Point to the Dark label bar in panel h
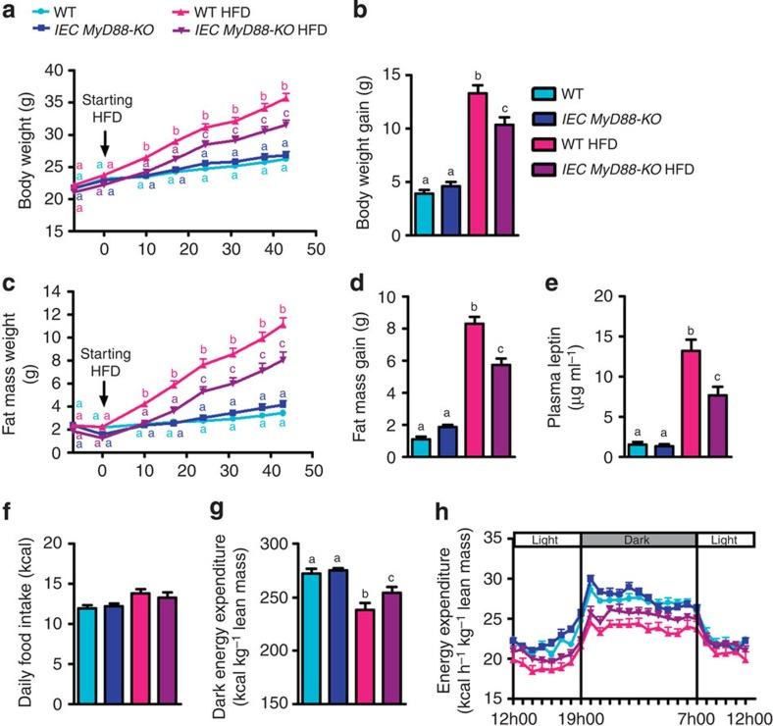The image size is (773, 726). pos(639,539)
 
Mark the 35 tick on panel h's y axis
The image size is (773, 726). pos(493,539)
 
